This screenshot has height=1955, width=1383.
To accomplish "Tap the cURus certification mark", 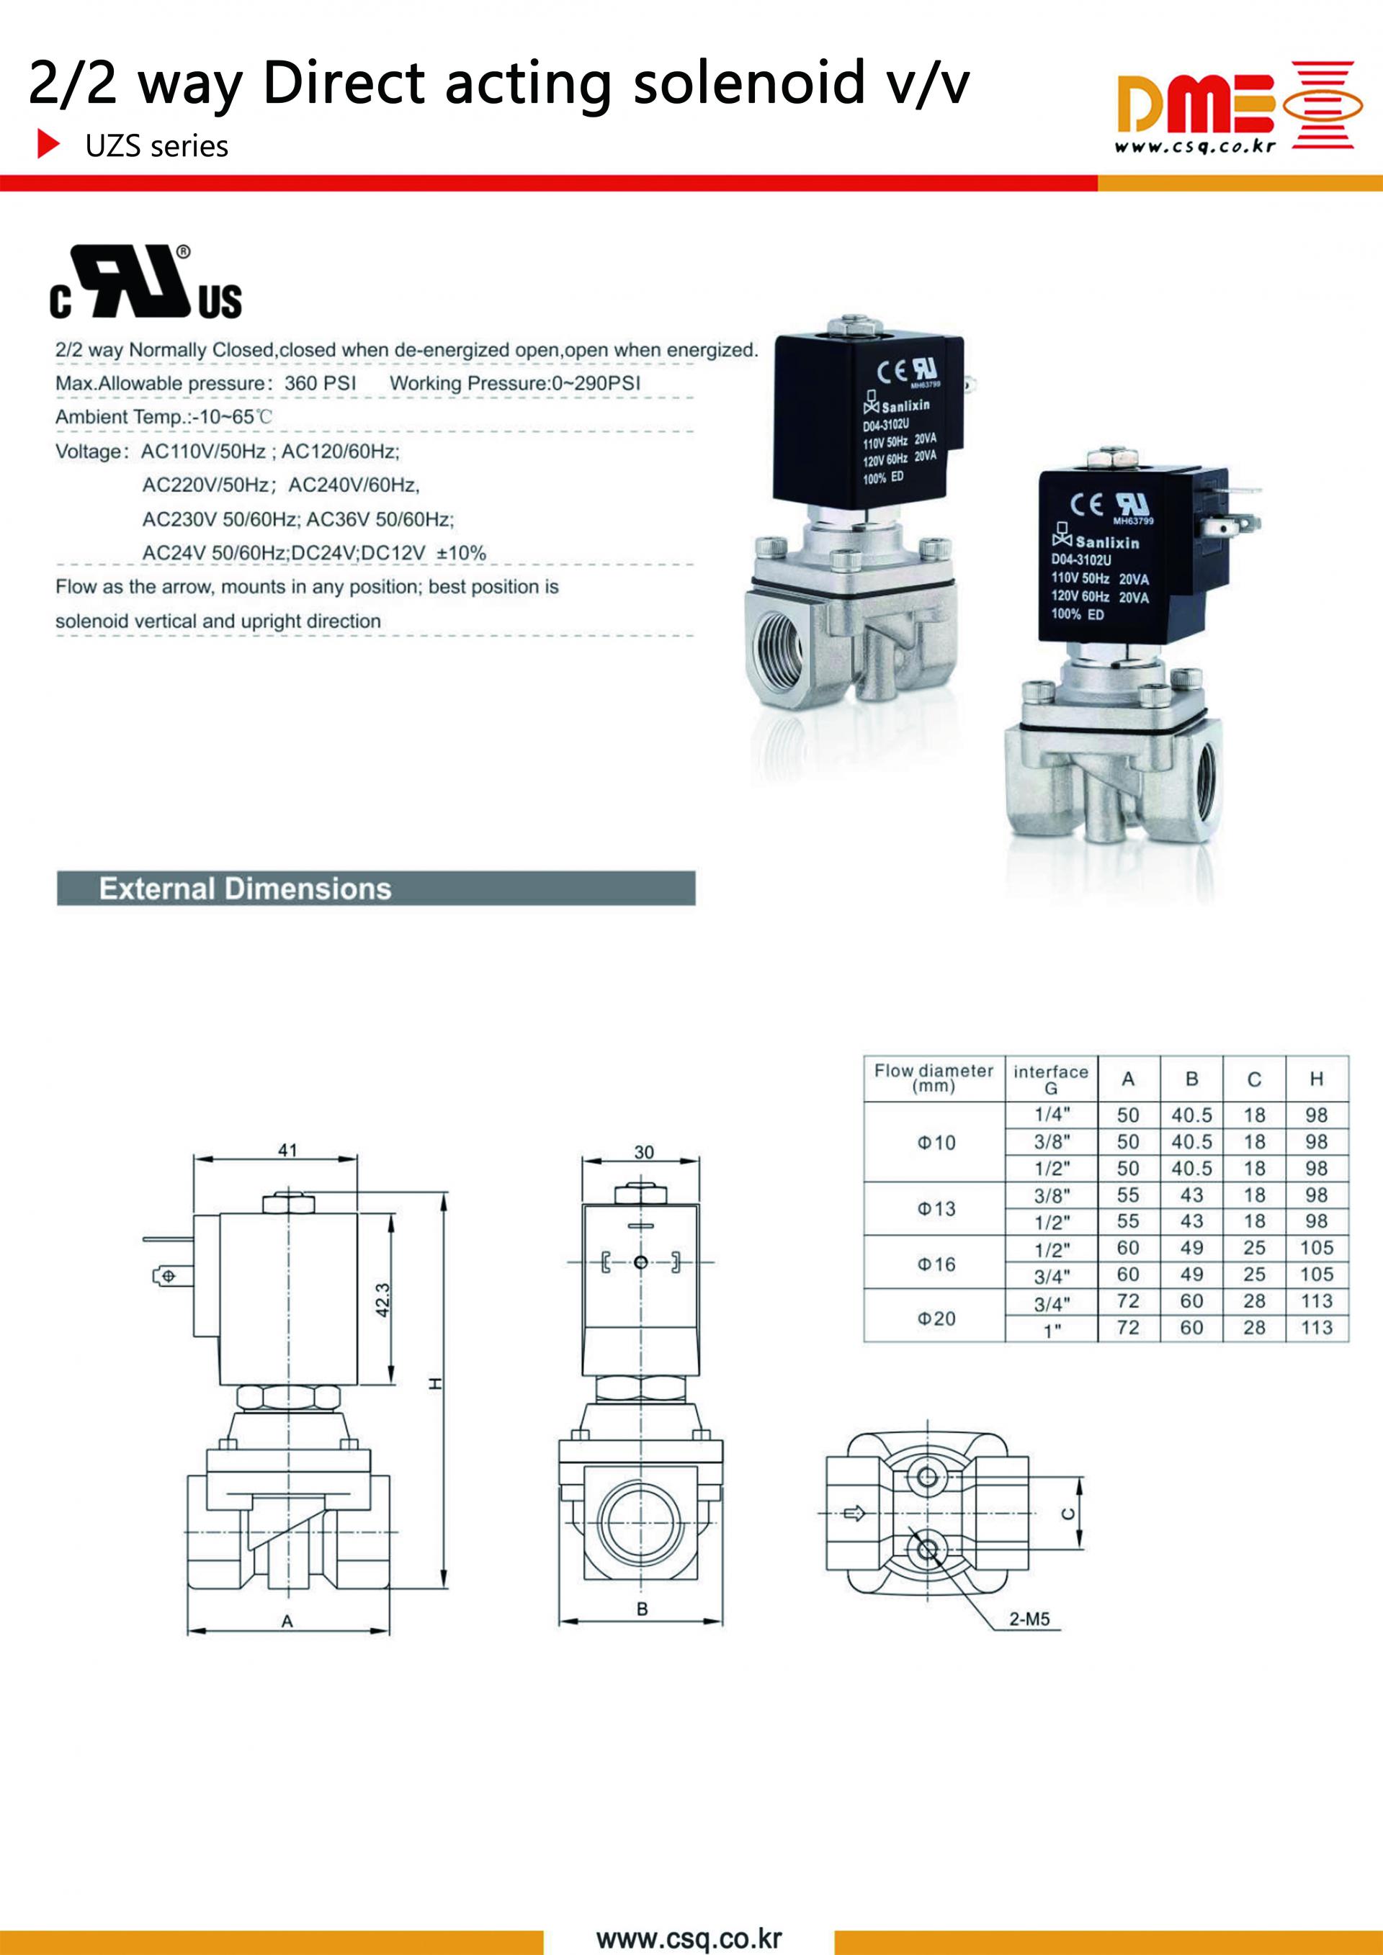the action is click(146, 283).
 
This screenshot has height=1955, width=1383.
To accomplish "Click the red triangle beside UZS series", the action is click(48, 145).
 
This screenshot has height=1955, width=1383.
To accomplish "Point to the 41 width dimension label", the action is click(288, 1149).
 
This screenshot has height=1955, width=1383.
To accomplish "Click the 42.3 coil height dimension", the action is click(383, 1300).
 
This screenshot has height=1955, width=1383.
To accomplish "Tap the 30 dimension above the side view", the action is click(644, 1152).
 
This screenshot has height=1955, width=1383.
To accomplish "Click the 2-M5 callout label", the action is click(1029, 1619).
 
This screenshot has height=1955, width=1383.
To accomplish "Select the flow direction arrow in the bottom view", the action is click(854, 1513).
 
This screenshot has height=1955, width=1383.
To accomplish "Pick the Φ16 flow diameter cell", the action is click(935, 1264).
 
